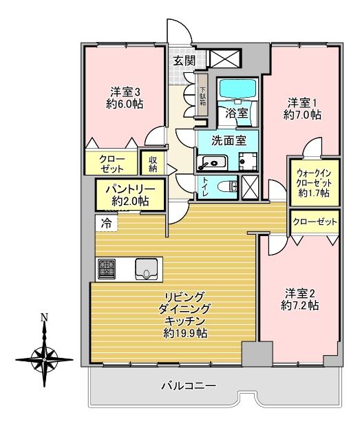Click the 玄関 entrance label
[x=184, y=60]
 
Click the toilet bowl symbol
[x=226, y=186]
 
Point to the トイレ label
[x=206, y=184]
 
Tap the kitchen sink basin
[x=147, y=268]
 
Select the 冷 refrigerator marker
[x=106, y=222]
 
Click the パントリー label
[x=129, y=189]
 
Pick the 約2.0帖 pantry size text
[x=129, y=200]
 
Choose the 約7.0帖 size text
[x=303, y=116]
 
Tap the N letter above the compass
[x=44, y=318]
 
